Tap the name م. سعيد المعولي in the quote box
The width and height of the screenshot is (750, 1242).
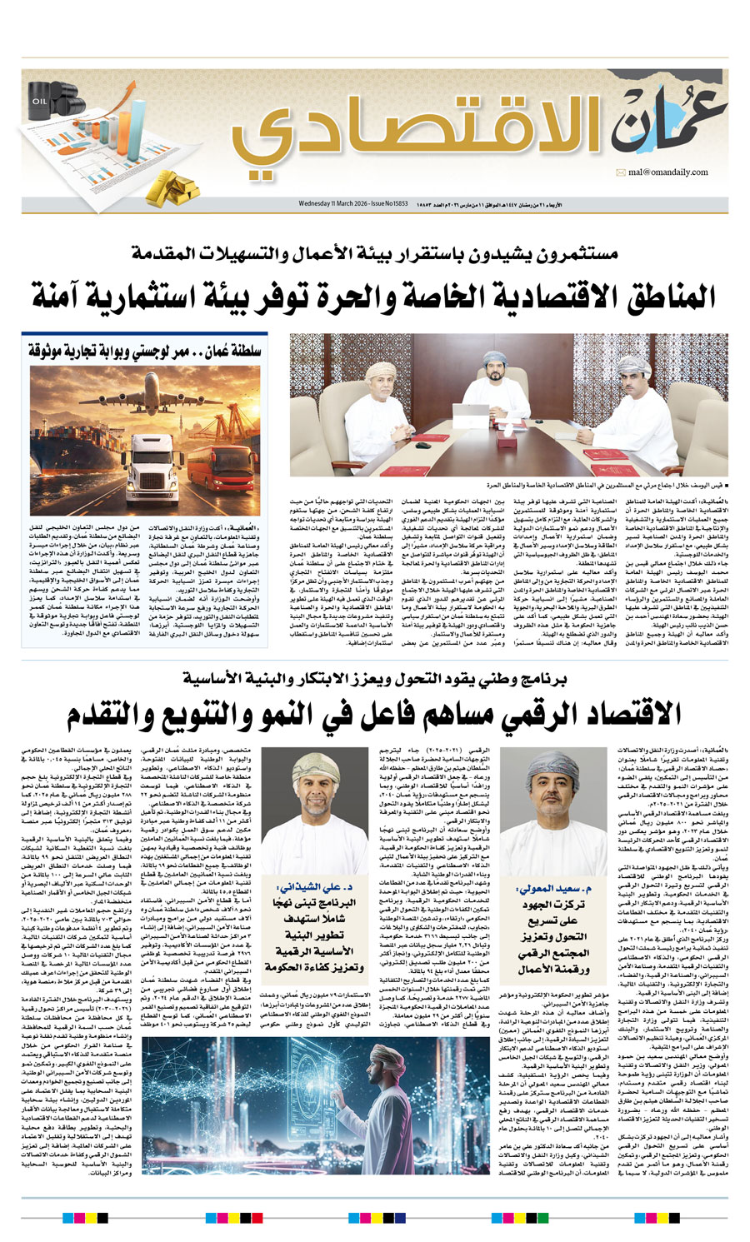550,889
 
